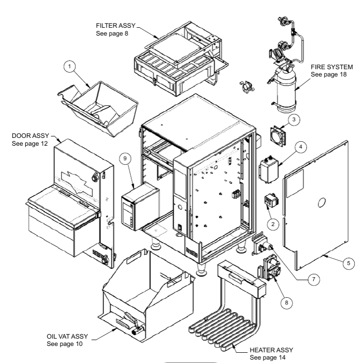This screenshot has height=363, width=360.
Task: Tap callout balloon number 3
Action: [294, 118]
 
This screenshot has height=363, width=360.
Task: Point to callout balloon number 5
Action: [348, 263]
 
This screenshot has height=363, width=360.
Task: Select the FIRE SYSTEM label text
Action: [332, 67]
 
